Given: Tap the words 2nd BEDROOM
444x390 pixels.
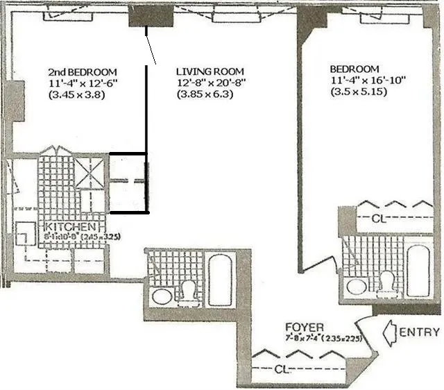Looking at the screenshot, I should [82, 71].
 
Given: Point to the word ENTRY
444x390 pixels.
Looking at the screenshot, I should [419, 332].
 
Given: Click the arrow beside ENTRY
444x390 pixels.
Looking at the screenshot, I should [388, 333].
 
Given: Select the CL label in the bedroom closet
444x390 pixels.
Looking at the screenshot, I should [377, 217].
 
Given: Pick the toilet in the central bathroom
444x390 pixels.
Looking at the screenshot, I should [188, 291].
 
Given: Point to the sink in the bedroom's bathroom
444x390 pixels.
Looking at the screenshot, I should [358, 286].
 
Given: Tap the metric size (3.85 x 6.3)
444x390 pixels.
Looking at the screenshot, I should [204, 95].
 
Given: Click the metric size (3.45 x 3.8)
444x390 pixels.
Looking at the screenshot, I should [76, 95].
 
